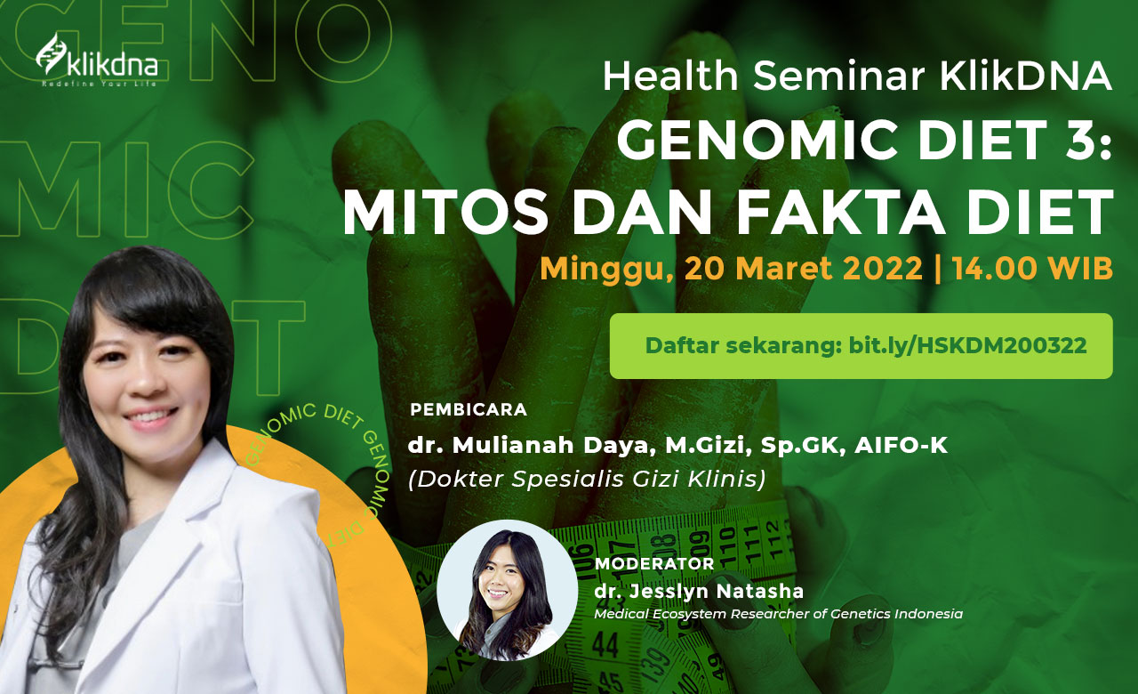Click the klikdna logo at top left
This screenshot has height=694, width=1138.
97,60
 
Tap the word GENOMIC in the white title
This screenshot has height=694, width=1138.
757,141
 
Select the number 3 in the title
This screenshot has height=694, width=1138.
1076,141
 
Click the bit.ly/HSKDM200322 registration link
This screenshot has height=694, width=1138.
968,346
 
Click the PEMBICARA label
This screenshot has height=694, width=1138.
469,410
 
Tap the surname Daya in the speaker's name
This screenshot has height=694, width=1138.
616,446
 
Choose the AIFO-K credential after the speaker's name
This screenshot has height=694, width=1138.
901,445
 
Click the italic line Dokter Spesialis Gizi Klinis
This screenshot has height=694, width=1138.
587,479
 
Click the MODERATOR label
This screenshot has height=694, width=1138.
654,563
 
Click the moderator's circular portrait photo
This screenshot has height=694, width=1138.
507,590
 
